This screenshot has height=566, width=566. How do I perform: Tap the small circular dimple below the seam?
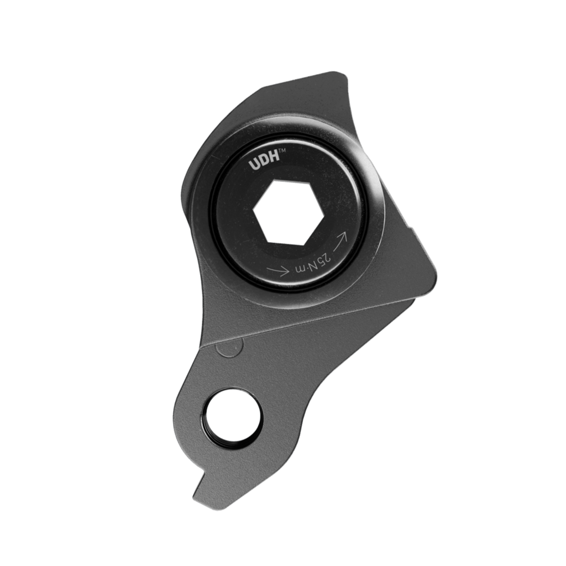(x=229, y=348)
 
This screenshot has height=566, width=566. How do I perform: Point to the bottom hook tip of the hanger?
(x=196, y=495)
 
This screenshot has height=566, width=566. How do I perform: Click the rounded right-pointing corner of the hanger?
(x=434, y=273)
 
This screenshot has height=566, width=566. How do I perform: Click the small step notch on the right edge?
(x=410, y=227)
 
